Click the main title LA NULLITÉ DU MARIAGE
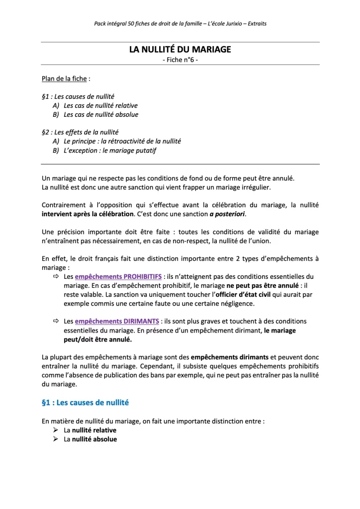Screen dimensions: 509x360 180,50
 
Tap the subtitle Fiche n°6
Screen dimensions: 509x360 180,60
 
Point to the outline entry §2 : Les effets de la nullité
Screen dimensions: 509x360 80,132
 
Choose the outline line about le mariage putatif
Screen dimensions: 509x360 110,150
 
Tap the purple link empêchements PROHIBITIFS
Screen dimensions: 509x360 118,276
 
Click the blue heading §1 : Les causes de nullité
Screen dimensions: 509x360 86,402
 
